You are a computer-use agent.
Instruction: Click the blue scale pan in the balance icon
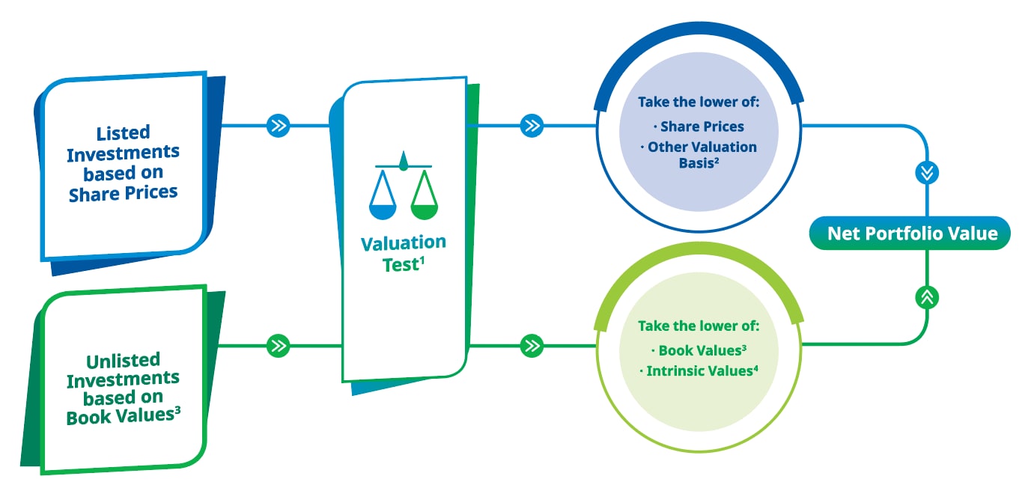[383, 211]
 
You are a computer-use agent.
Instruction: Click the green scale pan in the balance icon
[425, 211]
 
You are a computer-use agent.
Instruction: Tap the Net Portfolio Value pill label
[910, 234]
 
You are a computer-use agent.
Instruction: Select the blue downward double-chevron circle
[927, 173]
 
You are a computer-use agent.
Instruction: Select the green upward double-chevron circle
[927, 297]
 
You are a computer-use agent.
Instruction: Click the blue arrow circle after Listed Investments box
[279, 126]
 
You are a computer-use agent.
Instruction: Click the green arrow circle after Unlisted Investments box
[279, 346]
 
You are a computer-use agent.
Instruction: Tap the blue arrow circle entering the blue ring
[532, 126]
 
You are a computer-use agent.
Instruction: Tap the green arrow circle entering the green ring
[532, 346]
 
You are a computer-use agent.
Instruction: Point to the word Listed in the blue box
[123, 132]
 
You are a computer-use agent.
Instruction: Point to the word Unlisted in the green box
[123, 361]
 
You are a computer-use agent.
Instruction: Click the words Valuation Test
[403, 254]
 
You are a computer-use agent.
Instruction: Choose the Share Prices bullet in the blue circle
[699, 126]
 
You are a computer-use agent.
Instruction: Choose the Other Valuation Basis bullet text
[699, 155]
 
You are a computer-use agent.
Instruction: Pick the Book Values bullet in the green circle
[699, 350]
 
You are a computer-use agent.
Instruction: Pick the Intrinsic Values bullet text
[699, 370]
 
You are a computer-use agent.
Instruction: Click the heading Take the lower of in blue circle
[699, 102]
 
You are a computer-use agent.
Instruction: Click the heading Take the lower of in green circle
[699, 326]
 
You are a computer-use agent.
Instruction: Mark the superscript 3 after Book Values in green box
[177, 410]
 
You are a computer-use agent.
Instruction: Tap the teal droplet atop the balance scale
[403, 161]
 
